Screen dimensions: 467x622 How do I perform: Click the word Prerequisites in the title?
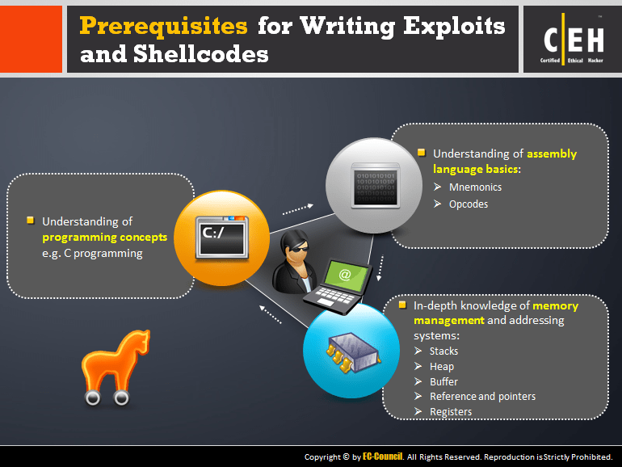tap(163, 27)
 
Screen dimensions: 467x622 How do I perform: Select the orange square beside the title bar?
tap(31, 40)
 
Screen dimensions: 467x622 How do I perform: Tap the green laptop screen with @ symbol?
tap(344, 275)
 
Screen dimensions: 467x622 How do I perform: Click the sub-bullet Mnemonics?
tap(475, 187)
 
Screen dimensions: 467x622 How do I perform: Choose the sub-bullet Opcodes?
tap(469, 204)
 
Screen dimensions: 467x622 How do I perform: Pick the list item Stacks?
tap(443, 351)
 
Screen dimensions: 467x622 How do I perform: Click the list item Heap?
tap(441, 366)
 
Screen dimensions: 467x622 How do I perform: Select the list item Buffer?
tap(443, 381)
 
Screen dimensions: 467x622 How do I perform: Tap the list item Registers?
tap(451, 411)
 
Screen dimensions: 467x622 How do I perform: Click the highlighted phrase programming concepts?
tap(105, 237)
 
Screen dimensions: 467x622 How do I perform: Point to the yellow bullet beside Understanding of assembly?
tap(421, 152)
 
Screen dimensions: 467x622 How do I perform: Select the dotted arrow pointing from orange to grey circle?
tap(297, 208)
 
